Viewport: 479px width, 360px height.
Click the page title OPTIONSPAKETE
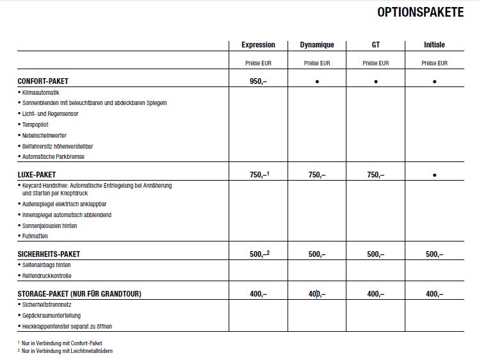click(x=420, y=12)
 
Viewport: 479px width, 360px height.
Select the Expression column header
click(x=258, y=45)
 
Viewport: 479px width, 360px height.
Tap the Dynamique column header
click(x=317, y=45)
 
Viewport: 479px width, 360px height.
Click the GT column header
click(x=375, y=45)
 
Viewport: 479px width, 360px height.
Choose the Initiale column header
click(x=434, y=45)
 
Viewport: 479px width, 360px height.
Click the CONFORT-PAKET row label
click(x=43, y=81)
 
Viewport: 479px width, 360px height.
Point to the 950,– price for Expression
click(x=258, y=81)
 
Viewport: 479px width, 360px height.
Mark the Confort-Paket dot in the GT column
click(x=376, y=82)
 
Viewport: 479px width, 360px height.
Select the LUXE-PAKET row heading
click(x=37, y=174)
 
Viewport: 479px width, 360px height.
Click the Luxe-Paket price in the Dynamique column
click(x=317, y=175)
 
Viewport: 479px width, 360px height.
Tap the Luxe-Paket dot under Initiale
click(x=435, y=175)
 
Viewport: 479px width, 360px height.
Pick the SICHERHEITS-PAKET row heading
click(x=49, y=254)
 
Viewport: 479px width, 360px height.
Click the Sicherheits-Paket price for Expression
click(x=259, y=254)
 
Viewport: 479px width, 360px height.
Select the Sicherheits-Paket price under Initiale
click(x=434, y=254)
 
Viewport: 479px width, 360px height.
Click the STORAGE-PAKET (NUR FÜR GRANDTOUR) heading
click(x=79, y=294)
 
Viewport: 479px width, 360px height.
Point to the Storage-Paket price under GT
click(x=375, y=294)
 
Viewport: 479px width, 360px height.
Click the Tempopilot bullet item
click(x=35, y=125)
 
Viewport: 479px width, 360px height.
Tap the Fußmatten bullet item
click(x=35, y=236)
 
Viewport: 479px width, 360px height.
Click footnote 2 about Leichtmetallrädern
click(x=67, y=350)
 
